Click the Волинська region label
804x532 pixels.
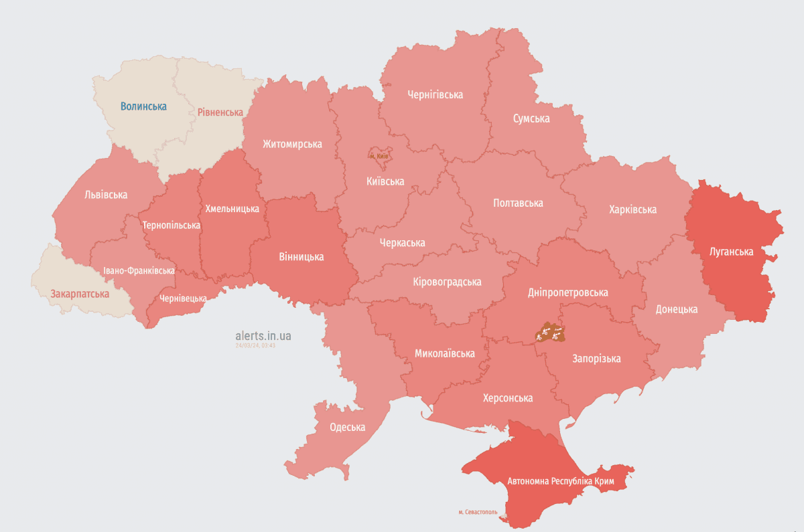(x=143, y=106)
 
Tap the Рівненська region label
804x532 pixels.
(x=220, y=112)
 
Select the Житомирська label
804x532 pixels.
(x=292, y=144)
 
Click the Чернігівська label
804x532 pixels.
(x=435, y=94)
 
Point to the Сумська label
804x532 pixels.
(x=531, y=118)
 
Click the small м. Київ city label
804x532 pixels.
(x=379, y=155)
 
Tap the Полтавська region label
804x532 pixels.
(x=518, y=203)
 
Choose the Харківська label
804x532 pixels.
(x=632, y=209)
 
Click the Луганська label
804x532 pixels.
(x=732, y=252)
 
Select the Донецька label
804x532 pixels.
(x=676, y=309)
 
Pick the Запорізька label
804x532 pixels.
(x=596, y=358)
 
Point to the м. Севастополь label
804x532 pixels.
(x=478, y=512)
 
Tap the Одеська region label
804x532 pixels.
(x=347, y=427)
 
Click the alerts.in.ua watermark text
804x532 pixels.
(x=263, y=335)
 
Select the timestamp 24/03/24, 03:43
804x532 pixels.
(x=255, y=346)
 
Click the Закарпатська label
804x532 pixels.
(x=80, y=293)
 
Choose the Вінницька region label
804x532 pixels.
(x=301, y=256)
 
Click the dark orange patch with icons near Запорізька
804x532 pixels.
(x=551, y=331)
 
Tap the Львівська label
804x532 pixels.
(x=106, y=195)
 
